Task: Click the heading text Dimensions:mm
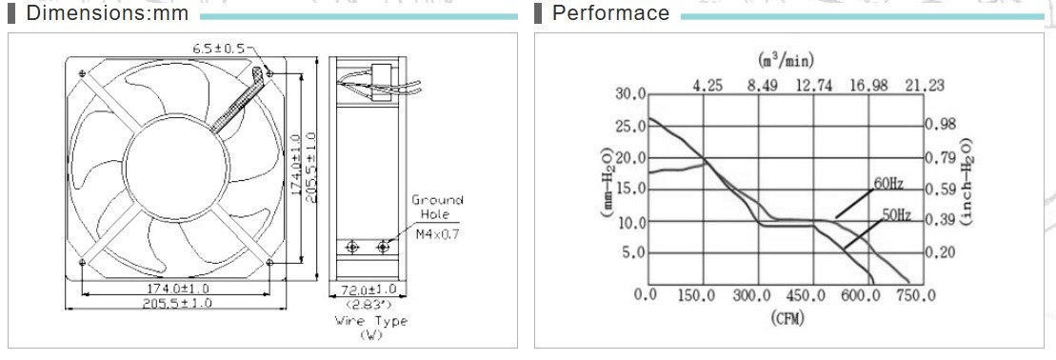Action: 107,12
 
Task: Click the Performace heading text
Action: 610,12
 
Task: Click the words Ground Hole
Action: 437,207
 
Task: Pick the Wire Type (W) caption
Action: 371,327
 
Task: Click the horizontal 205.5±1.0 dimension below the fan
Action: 176,304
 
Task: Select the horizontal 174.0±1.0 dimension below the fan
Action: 176,289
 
